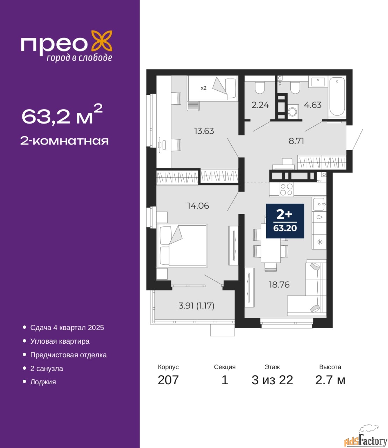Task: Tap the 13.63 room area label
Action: tap(204, 131)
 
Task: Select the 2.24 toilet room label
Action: tap(260, 105)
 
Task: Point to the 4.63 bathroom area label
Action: tap(313, 105)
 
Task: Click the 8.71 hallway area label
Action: tap(296, 141)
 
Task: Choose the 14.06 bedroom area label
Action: tap(198, 206)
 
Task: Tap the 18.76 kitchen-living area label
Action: tap(279, 285)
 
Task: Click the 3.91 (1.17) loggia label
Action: tap(196, 306)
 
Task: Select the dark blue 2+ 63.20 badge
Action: tap(285, 221)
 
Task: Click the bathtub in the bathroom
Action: tap(337, 97)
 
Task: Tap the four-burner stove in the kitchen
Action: tap(286, 189)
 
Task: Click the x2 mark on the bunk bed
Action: tap(203, 88)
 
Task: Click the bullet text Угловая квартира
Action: tap(60, 341)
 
